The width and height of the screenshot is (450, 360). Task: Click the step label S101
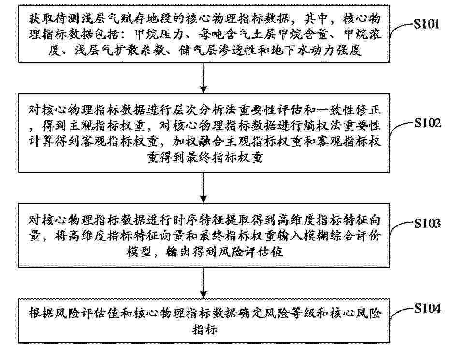pos(426,24)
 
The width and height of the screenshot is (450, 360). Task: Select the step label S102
pos(427,123)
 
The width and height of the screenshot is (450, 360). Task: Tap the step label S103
pos(427,223)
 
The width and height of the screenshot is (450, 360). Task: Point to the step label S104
pos(427,308)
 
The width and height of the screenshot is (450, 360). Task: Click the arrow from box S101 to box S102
pos(203,77)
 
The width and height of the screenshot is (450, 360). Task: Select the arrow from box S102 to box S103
pos(203,188)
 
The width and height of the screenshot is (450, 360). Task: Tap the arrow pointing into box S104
pos(203,283)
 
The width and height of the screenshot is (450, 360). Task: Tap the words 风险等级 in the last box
pos(289,313)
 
